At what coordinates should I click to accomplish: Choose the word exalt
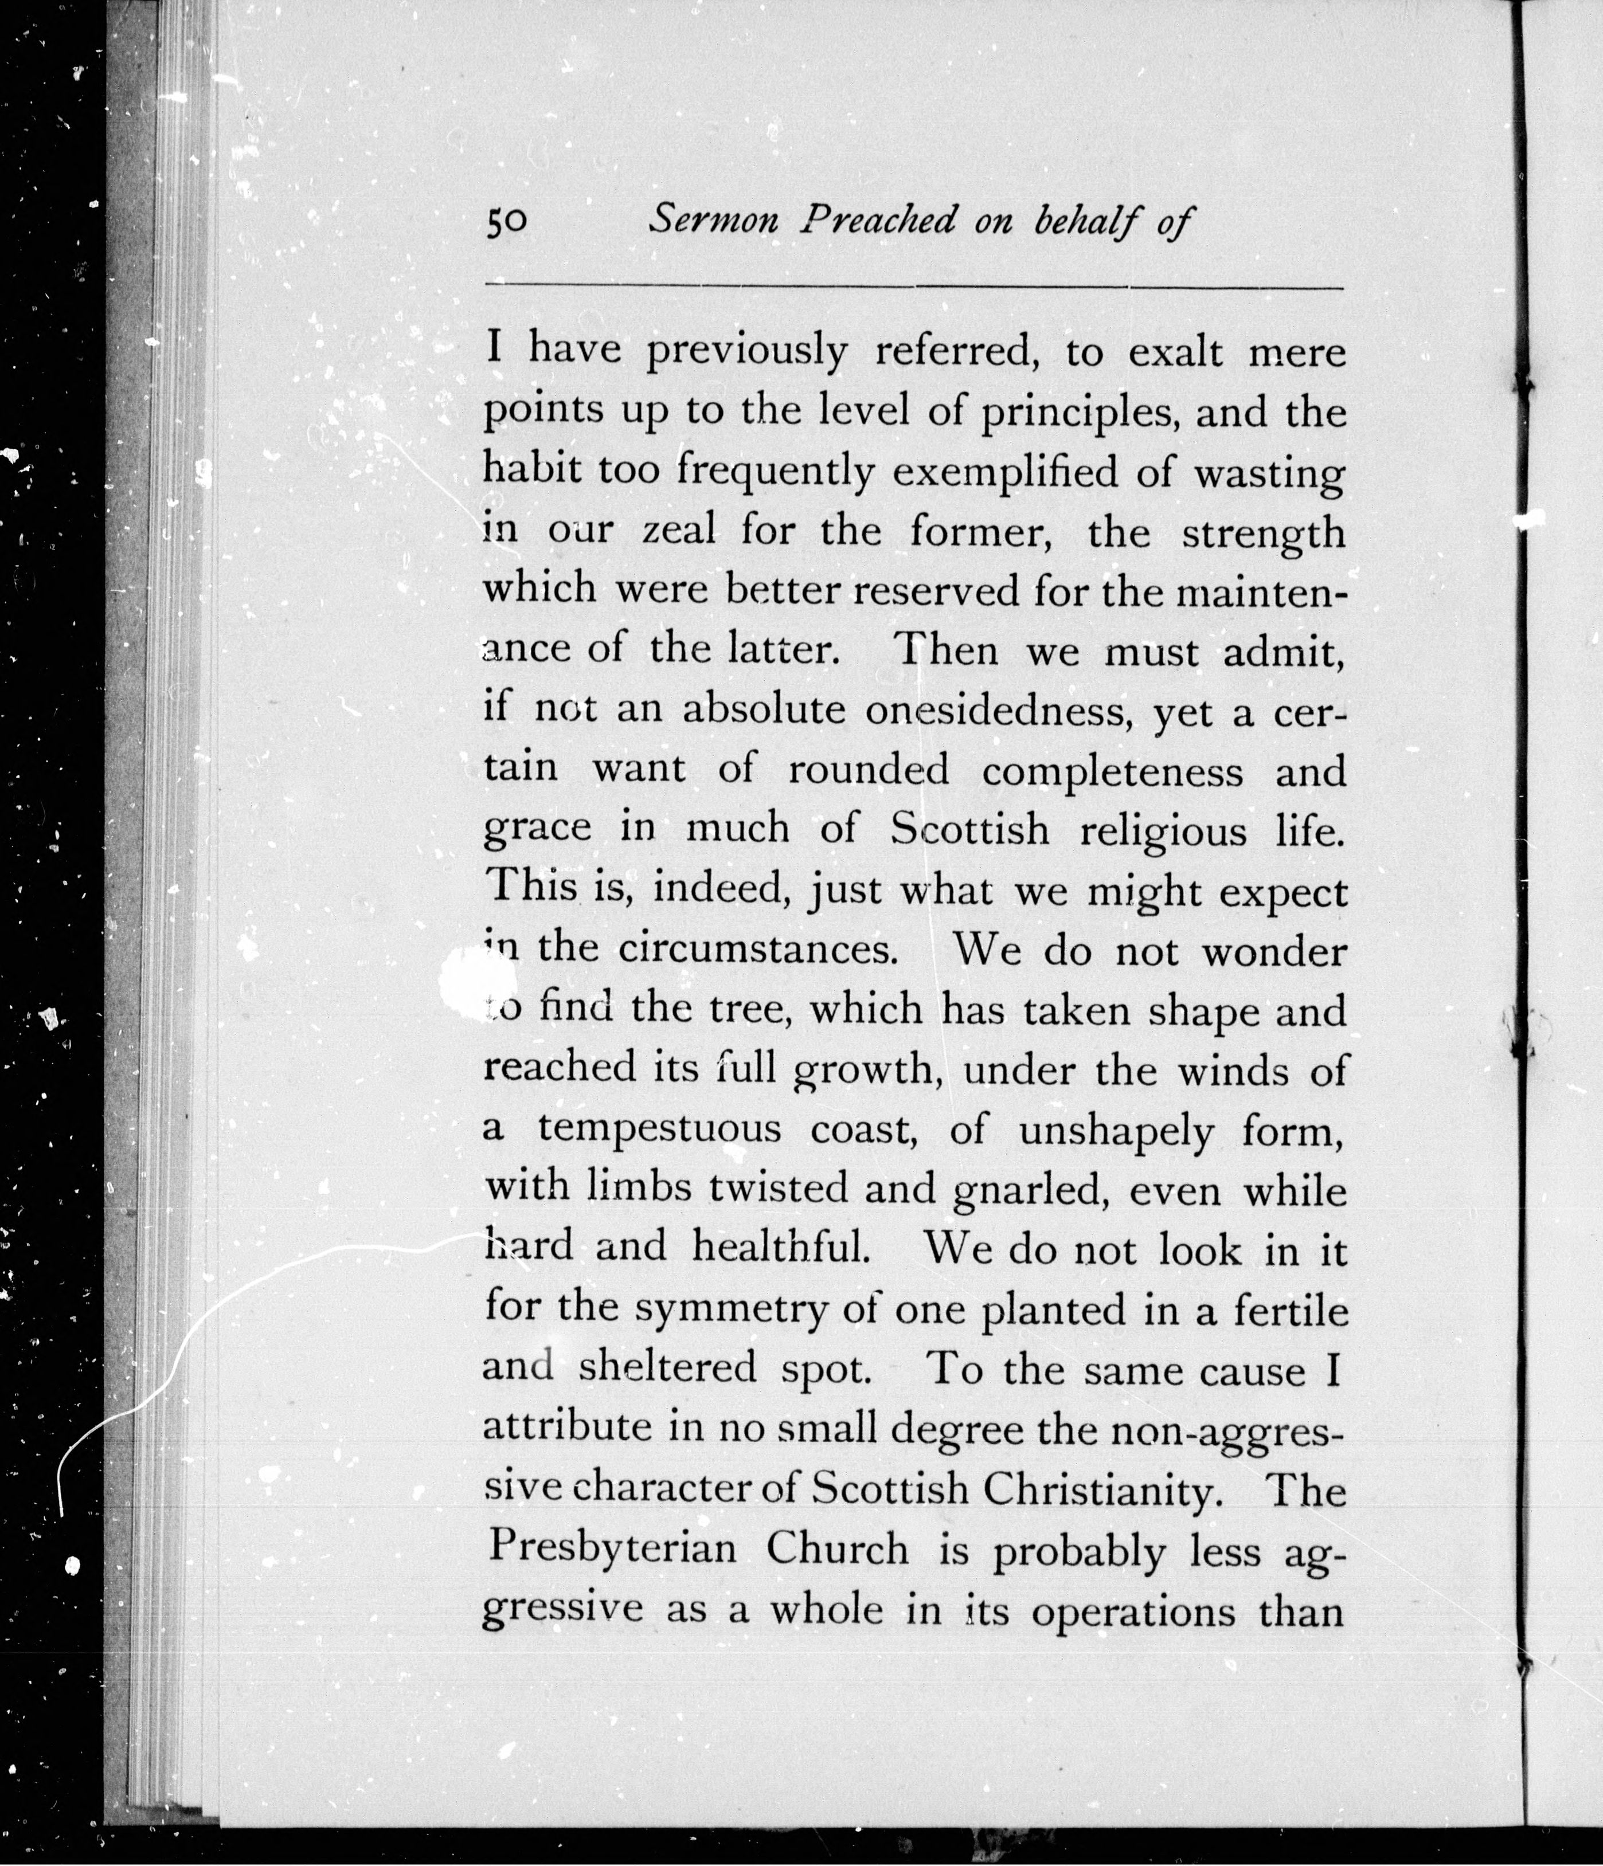point(1175,352)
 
